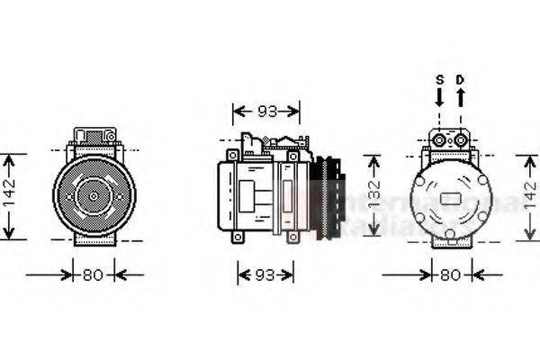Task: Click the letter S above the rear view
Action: click(x=440, y=79)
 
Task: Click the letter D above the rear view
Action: click(x=460, y=79)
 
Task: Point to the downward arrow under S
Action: click(x=440, y=96)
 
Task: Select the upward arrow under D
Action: click(x=460, y=96)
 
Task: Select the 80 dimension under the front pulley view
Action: click(x=93, y=274)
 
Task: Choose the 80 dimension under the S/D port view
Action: click(x=450, y=274)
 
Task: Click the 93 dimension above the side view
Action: click(x=266, y=112)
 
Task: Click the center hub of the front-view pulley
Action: click(x=92, y=194)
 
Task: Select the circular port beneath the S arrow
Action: click(x=440, y=139)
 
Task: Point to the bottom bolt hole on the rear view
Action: click(x=450, y=235)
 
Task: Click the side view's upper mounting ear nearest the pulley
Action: click(x=292, y=157)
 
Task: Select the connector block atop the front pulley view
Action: click(x=93, y=139)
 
